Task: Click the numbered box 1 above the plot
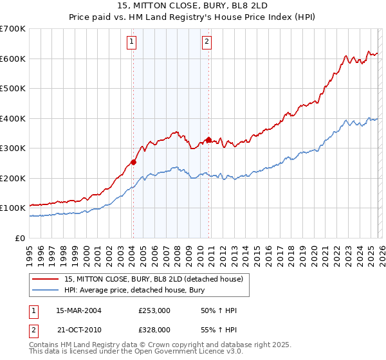pos(131,42)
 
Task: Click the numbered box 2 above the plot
pos(207,42)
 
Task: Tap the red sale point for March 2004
pos(133,162)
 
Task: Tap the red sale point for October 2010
pos(208,139)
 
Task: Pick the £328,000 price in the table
pos(154,329)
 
